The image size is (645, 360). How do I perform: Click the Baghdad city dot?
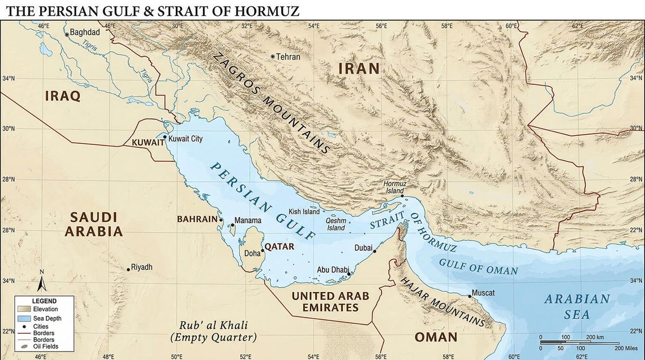tap(67, 35)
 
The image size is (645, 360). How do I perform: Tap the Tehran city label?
tap(288, 57)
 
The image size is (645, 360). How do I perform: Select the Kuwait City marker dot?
tap(165, 137)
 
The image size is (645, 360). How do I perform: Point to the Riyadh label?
tap(142, 267)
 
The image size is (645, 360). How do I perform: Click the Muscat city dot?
tap(470, 296)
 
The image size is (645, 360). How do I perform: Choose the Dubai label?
tap(363, 247)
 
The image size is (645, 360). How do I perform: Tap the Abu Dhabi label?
tap(331, 270)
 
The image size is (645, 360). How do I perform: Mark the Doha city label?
tap(252, 254)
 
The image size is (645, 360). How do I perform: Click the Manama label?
tap(248, 220)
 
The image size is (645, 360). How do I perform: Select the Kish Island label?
tap(304, 212)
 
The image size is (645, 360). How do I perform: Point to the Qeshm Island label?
tap(336, 224)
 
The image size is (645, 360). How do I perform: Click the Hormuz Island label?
tap(394, 187)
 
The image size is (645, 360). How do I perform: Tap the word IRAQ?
tap(62, 96)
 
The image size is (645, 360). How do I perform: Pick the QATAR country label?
tap(279, 247)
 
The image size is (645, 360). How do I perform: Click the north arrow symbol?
tap(41, 282)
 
